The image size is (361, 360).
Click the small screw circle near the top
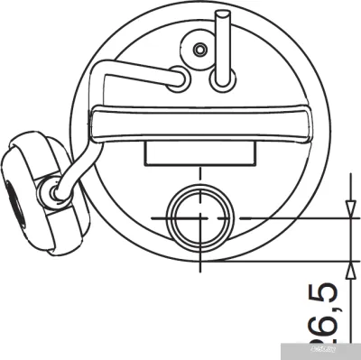click(x=200, y=49)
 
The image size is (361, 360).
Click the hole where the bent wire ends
click(x=179, y=79)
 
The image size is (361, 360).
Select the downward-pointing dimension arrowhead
click(x=347, y=210)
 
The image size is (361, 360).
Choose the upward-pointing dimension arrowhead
click(x=347, y=268)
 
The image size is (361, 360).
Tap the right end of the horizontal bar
click(x=310, y=123)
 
